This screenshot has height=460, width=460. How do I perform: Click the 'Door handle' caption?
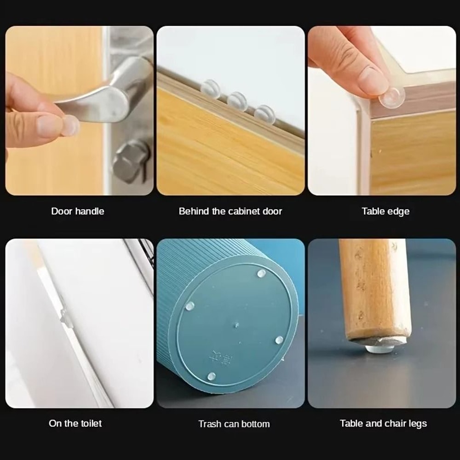[77, 211]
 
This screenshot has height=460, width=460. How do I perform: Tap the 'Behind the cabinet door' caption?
[230, 211]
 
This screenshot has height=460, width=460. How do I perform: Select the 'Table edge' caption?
[385, 211]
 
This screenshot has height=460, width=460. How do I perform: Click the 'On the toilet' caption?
[75, 423]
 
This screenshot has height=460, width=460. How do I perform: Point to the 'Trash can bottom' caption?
[234, 424]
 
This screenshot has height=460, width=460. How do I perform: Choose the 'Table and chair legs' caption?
[383, 423]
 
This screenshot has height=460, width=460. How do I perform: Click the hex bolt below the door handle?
[131, 161]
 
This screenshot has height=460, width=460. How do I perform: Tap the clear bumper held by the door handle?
[70, 125]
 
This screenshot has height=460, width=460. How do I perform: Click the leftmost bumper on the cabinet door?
[211, 89]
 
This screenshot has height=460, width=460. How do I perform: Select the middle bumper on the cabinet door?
[237, 101]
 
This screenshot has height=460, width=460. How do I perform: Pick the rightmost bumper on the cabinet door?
[265, 114]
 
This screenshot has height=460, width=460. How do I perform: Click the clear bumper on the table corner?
[392, 97]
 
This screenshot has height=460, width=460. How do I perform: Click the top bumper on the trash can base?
[261, 274]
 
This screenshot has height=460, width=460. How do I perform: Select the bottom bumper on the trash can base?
[211, 376]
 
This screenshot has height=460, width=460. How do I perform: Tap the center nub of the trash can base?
[236, 325]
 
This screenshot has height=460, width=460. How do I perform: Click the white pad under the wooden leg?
[379, 348]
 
